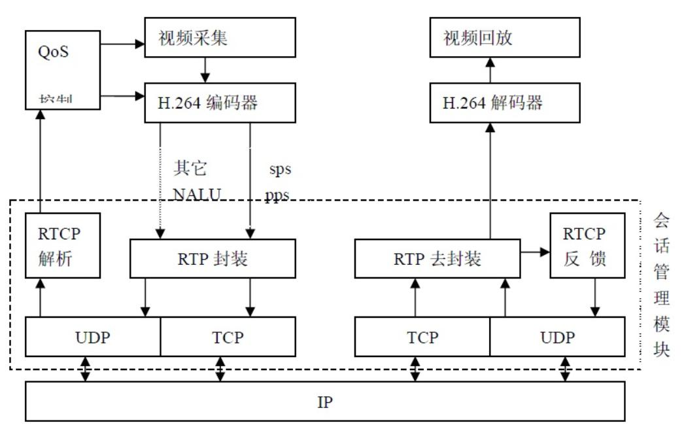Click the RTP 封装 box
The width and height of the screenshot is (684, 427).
click(x=213, y=258)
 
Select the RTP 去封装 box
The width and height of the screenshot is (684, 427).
click(x=437, y=258)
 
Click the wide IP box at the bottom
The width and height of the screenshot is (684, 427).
click(x=325, y=401)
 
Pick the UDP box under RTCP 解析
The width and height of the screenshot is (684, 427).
click(x=93, y=337)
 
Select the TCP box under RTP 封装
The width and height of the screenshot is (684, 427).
click(x=228, y=337)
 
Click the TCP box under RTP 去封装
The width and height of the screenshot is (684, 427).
click(x=422, y=337)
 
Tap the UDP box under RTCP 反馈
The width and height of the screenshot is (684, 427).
click(x=557, y=337)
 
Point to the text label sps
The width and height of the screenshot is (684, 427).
click(x=280, y=169)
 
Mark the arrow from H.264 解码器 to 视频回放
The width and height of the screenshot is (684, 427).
click(x=490, y=70)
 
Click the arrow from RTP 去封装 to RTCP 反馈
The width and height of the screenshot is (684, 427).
click(x=535, y=251)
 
